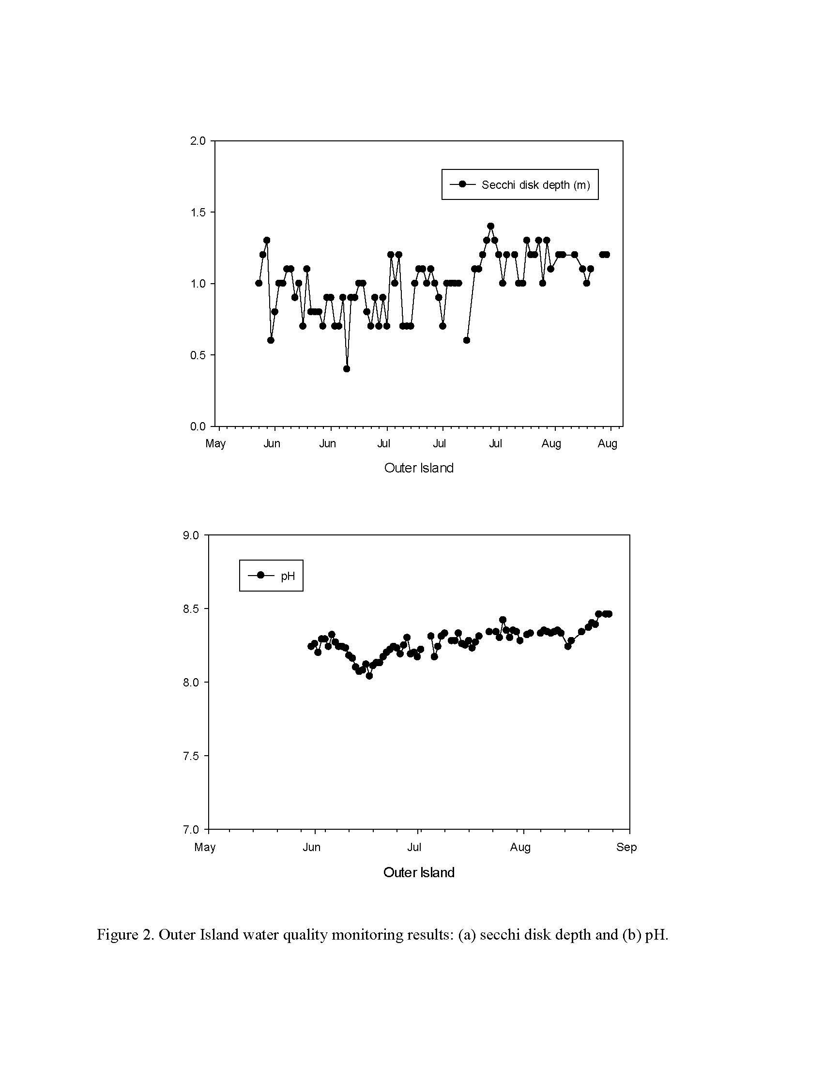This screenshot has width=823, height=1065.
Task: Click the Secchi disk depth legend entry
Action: pos(520,185)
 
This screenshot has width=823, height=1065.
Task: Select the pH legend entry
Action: pos(271,576)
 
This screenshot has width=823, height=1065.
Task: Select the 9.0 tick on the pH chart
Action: pos(191,535)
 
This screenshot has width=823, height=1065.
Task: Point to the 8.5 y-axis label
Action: pos(191,609)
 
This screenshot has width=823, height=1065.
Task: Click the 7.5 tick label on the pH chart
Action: pos(191,756)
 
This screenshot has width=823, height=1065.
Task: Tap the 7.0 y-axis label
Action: pos(191,829)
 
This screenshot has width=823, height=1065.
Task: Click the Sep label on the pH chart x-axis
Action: pos(626,848)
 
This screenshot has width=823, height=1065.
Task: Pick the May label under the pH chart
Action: pos(205,848)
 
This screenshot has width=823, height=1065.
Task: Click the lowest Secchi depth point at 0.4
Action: pos(347,369)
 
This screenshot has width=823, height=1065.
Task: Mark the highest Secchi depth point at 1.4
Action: pos(490,226)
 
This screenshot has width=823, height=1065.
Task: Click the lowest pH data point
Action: pos(369,676)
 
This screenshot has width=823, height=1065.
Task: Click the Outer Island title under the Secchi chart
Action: pos(419,468)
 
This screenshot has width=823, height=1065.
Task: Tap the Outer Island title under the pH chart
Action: pos(419,872)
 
